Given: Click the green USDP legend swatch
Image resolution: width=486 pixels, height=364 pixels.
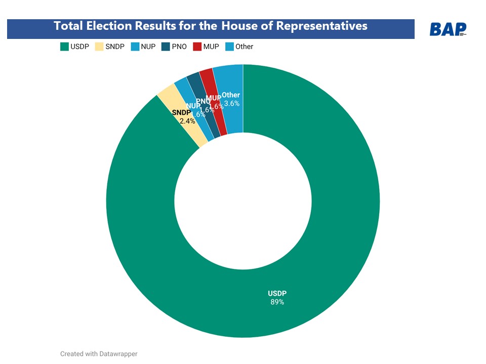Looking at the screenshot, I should click(x=64, y=47).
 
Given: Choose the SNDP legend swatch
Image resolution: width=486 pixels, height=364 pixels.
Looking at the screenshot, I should click(x=99, y=47).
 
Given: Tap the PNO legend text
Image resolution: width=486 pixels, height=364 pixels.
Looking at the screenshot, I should click(x=179, y=47).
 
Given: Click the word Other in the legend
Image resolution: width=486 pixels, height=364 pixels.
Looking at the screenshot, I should click(x=244, y=47).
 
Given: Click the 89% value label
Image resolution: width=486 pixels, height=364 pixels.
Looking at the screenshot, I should click(x=277, y=302).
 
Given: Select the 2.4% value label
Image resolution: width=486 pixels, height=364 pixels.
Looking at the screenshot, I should click(x=187, y=121).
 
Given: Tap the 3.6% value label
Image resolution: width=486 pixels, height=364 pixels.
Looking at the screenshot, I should click(x=231, y=103).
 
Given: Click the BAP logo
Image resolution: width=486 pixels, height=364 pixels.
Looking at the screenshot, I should click(x=448, y=29).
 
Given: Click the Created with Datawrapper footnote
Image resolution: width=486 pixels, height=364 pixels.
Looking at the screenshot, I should click(x=99, y=354).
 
